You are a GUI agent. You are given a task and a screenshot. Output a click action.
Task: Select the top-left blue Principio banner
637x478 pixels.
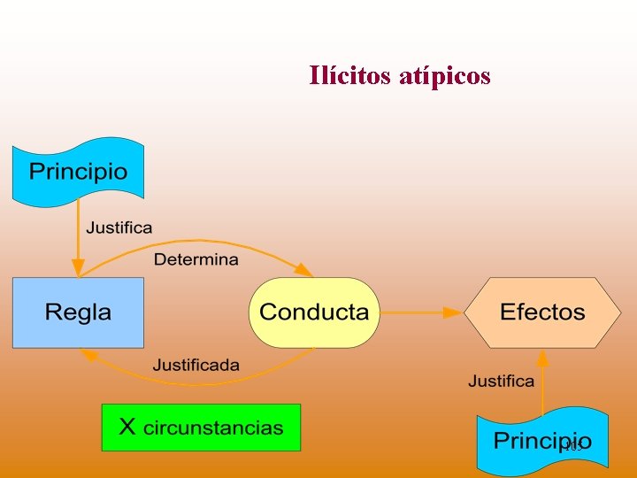[x=78, y=171]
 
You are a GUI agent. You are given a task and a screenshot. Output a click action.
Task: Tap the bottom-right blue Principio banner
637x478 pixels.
[x=542, y=441]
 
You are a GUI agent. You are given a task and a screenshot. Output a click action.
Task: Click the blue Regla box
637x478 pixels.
[x=78, y=312]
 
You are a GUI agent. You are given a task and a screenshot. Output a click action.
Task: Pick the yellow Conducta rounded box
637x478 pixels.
[x=314, y=312]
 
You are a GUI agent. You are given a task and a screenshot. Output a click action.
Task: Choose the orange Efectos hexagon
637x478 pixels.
[x=542, y=312]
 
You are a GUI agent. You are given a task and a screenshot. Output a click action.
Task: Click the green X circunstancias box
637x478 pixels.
[x=201, y=428]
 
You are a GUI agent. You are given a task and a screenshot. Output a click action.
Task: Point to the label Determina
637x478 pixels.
[x=196, y=259]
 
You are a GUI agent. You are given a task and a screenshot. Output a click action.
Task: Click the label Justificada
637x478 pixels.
[x=196, y=365]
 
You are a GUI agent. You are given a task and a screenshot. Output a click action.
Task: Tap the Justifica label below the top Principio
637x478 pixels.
[x=119, y=227]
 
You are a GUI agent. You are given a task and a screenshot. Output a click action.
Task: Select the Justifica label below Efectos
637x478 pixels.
[x=501, y=382]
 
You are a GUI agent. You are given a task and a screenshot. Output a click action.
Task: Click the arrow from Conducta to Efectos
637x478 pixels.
[x=420, y=312]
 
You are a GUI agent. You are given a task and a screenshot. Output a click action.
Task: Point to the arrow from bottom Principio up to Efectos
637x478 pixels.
[x=542, y=381]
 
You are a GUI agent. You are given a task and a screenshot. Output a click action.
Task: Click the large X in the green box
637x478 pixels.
[x=127, y=428]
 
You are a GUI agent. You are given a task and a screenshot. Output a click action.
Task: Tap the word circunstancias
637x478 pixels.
[x=213, y=428]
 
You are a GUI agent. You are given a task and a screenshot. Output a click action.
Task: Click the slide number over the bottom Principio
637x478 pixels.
[x=572, y=447]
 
